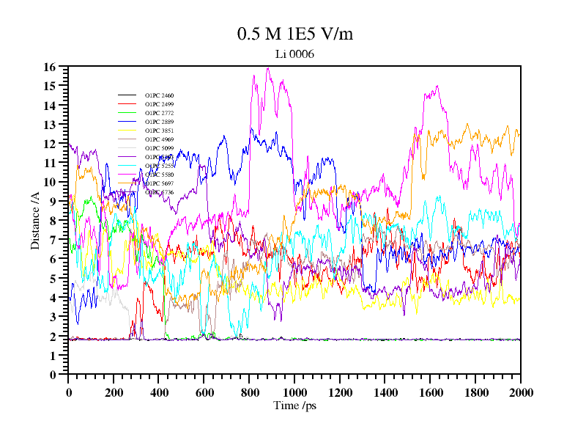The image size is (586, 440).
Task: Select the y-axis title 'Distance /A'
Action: pos(34,221)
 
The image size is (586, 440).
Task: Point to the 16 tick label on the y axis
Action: pos(50,67)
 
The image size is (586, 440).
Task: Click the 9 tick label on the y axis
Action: pos(53,201)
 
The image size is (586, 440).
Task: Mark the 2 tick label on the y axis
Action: pos(53,336)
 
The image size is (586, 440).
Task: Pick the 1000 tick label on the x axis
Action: pos(294,392)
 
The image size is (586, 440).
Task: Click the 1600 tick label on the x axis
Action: pos(430,392)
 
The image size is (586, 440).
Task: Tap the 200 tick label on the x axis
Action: pos(114,392)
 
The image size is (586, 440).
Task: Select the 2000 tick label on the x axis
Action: pos(520,392)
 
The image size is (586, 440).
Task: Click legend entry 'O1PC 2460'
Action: pos(159,96)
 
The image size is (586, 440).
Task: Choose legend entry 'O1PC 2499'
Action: pos(159,105)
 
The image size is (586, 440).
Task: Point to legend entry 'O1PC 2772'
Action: pos(159,114)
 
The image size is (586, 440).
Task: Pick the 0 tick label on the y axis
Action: pos(53,374)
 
